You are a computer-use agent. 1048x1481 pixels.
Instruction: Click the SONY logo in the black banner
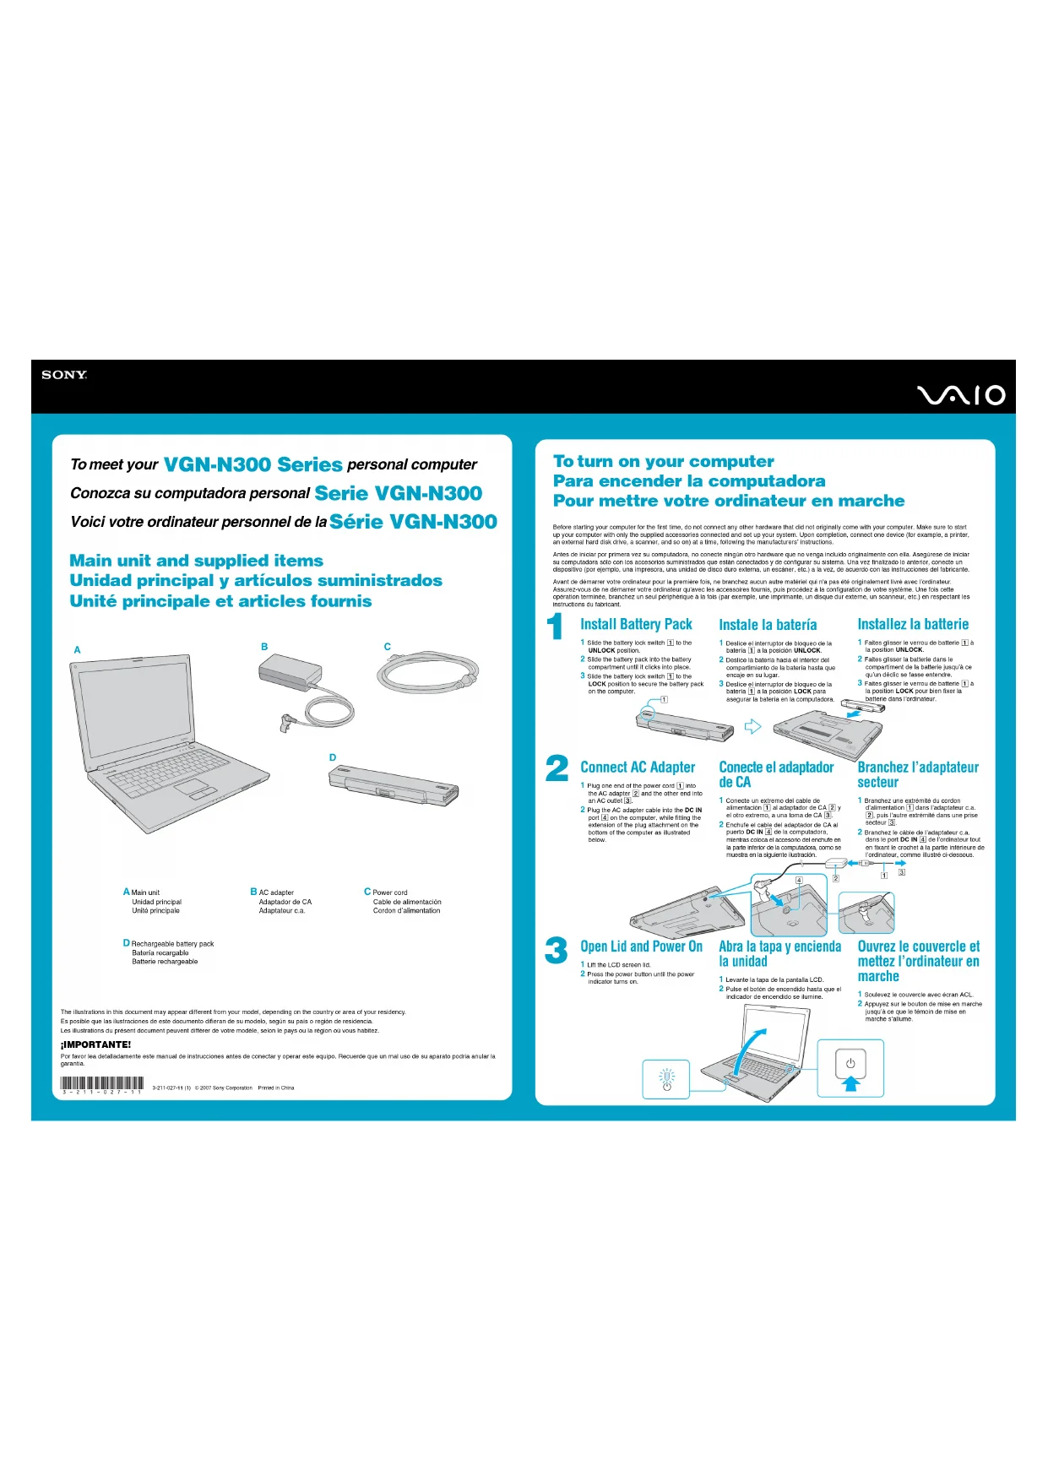(64, 375)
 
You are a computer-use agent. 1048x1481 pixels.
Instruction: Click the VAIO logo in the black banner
(961, 395)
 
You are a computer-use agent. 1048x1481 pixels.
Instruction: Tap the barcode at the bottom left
(102, 1084)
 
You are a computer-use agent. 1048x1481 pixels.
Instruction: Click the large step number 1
(556, 627)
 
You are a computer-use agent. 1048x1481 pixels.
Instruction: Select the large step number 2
(557, 768)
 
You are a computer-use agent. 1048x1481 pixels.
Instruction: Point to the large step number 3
(556, 950)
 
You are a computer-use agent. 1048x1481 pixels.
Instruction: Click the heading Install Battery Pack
(636, 624)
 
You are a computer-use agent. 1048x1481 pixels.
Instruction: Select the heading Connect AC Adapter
(638, 768)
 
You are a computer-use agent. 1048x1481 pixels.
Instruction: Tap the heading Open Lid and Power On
(641, 947)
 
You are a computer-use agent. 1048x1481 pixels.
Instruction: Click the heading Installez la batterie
(913, 624)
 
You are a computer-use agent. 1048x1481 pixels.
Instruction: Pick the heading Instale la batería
(768, 625)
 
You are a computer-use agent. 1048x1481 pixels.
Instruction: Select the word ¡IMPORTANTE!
(95, 1044)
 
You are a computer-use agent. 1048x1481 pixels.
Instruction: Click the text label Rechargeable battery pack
(172, 944)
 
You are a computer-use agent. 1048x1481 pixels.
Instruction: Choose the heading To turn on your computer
(663, 461)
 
